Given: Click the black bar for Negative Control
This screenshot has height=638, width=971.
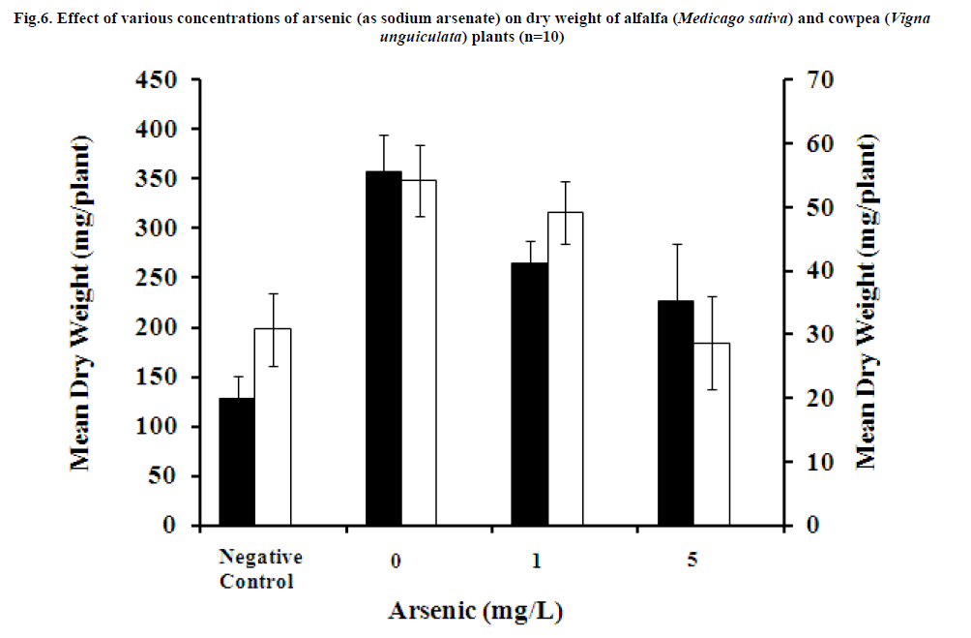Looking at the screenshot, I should click(x=237, y=462).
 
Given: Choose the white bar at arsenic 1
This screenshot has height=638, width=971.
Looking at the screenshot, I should click(x=566, y=369).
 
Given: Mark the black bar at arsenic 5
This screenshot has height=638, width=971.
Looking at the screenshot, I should click(x=676, y=413).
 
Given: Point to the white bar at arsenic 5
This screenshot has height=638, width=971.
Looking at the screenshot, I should click(x=712, y=434).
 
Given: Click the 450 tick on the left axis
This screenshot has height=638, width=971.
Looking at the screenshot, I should click(x=156, y=79).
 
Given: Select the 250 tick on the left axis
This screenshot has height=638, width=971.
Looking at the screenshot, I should click(x=156, y=278).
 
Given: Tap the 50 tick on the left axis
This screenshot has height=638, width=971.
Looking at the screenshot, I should click(x=164, y=476).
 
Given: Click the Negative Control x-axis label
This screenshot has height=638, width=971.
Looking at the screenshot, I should click(x=260, y=569).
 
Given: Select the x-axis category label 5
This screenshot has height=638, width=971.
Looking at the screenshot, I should click(x=692, y=559).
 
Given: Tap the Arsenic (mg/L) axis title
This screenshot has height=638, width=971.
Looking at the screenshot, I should click(x=476, y=612).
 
